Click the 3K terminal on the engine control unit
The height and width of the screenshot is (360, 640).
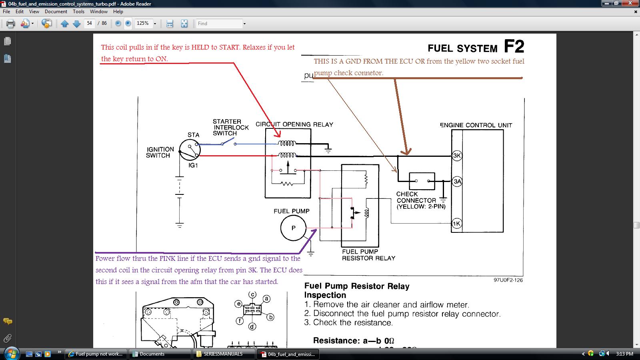pos(457,156)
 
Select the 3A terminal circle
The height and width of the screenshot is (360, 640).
pos(457,182)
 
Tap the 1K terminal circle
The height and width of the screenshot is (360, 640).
pos(456,224)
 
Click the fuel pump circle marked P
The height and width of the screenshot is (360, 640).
pos(294,228)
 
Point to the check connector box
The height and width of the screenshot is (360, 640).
pos(422,181)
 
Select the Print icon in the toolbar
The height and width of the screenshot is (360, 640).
pos(10,24)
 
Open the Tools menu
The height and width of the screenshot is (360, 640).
pos(78,12)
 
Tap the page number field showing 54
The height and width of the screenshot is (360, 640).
pos(90,23)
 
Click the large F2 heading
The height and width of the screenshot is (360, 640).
pos(514,46)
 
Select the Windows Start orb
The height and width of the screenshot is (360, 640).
pos(12,354)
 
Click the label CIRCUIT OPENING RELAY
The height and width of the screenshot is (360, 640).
pos(294,124)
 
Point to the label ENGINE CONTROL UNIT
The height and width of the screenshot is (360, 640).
pos(476,125)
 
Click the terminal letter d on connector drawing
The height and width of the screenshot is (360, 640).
pos(252,326)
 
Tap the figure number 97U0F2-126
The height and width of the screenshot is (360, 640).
pos(508,280)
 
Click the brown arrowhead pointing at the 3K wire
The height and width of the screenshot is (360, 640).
pos(406,152)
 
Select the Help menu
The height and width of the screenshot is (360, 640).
pos(118,12)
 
